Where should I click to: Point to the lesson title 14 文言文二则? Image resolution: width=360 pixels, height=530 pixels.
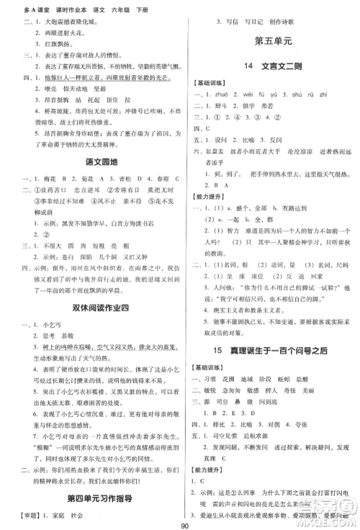[271, 68]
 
